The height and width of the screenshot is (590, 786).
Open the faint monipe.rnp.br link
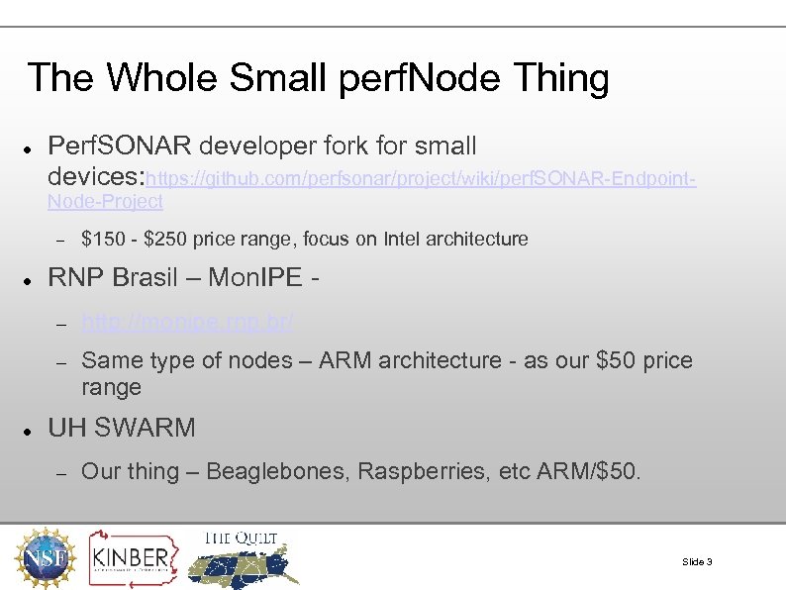(x=186, y=322)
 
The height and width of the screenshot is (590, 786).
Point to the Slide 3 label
(x=697, y=562)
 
